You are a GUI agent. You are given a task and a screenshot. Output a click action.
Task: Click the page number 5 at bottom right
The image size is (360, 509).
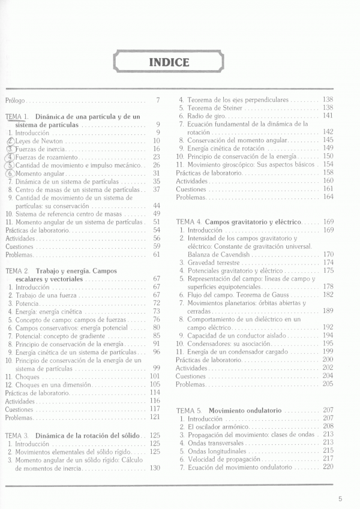tap(340, 498)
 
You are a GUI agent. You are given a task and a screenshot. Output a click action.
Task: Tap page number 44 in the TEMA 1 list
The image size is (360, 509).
tap(156, 205)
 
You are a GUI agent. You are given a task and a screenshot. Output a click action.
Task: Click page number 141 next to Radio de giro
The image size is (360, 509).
tap(328, 115)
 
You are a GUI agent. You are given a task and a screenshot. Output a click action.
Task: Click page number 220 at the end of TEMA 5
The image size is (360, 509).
tap(328, 466)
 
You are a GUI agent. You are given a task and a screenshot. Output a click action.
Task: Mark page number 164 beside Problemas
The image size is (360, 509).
tap(328, 197)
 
